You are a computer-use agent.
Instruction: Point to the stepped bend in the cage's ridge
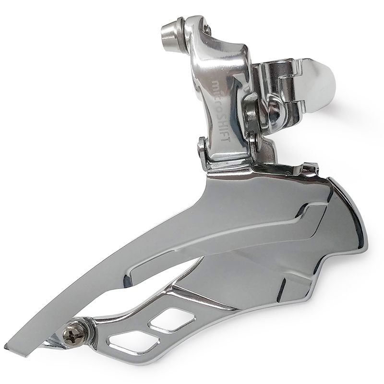coord(312,211)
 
